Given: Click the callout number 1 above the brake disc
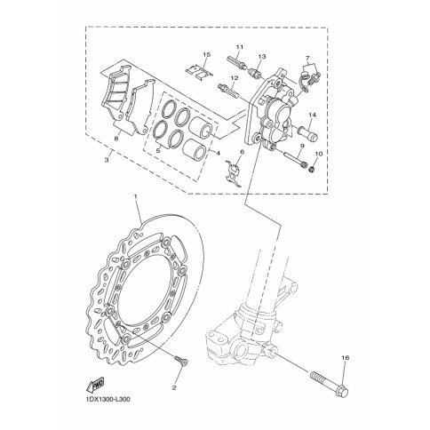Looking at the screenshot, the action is pos(136,197).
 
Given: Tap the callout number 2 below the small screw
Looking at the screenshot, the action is pos(174,387).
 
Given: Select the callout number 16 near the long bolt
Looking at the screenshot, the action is pos(346,358).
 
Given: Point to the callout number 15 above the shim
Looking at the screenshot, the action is pos(207,54).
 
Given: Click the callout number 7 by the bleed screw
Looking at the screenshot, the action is pos(307,58).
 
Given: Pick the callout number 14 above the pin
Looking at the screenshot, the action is pos(313,115).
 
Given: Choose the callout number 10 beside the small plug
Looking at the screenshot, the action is pos(318,154).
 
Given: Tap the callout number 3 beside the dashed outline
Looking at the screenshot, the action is pos(107,160).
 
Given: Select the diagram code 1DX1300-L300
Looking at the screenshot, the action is pos(105,400).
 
